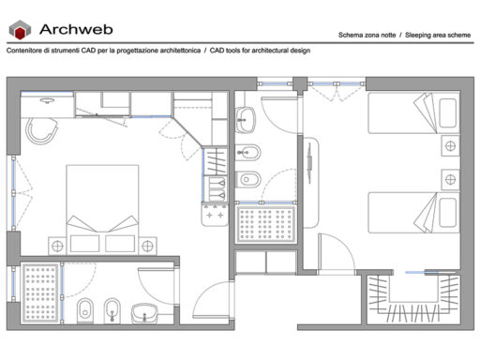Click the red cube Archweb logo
21,30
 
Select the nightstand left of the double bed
56,245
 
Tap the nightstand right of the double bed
148,245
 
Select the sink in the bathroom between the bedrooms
247,118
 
